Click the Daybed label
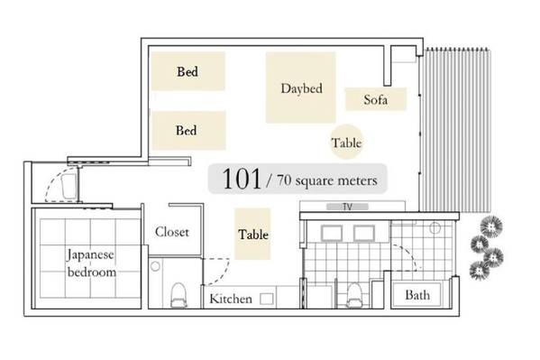pyautogui.click(x=302, y=88)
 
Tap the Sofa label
pyautogui.click(x=375, y=99)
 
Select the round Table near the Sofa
pyautogui.click(x=346, y=142)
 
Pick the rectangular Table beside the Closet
pyautogui.click(x=252, y=234)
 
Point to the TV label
pyautogui.click(x=347, y=207)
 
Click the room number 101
pyautogui.click(x=242, y=179)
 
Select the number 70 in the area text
pyautogui.click(x=284, y=180)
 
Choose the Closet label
pyautogui.click(x=172, y=232)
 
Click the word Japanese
pyautogui.click(x=90, y=254)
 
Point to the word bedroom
pyautogui.click(x=92, y=272)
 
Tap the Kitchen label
pyautogui.click(x=231, y=299)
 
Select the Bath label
pyautogui.click(x=417, y=295)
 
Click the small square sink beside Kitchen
pyautogui.click(x=267, y=299)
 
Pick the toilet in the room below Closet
pyautogui.click(x=178, y=295)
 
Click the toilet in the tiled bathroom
pyautogui.click(x=353, y=295)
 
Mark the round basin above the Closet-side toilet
pyautogui.click(x=155, y=266)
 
